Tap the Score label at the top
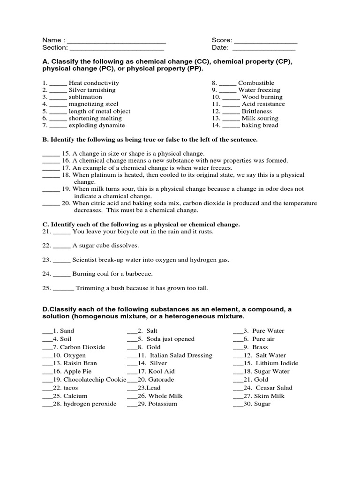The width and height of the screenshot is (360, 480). point(221,40)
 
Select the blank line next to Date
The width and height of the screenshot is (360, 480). point(264,48)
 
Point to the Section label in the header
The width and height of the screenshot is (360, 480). point(55,47)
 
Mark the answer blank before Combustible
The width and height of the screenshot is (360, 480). point(227,83)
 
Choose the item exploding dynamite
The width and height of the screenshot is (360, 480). point(97,125)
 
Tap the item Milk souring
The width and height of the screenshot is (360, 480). point(260,118)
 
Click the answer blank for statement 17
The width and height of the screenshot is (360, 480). point(51,168)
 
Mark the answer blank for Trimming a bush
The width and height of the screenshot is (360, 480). point(63,289)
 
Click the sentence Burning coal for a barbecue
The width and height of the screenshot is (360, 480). point(112,274)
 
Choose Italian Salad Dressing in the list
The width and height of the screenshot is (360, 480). point(181,355)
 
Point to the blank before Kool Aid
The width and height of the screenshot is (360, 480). point(132,372)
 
